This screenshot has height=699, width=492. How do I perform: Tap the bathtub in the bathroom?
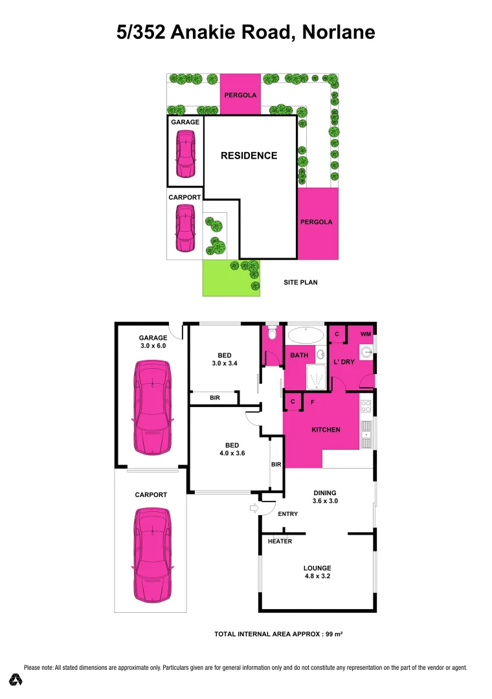306,335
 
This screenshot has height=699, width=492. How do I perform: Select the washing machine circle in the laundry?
366,352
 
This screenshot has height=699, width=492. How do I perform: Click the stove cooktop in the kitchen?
366,407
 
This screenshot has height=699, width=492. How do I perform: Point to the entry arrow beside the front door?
253,509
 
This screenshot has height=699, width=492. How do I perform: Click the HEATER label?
280,541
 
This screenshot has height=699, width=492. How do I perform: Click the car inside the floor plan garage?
151,408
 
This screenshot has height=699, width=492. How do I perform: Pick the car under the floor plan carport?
151,554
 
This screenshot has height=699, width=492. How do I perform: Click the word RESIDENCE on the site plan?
249,155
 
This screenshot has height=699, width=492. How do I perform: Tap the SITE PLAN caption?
301,282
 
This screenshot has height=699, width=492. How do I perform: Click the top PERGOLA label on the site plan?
240,95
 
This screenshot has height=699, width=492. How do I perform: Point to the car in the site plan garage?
185,154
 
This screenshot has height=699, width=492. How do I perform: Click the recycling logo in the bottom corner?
16,680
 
